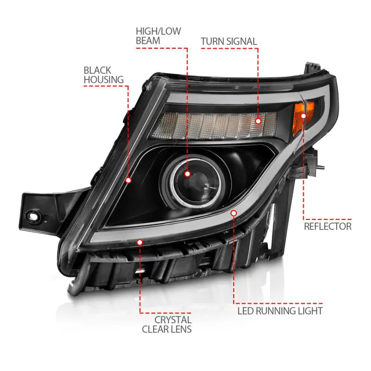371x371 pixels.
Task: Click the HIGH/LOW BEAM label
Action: click(x=158, y=36)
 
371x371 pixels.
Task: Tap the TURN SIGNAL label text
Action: click(x=229, y=41)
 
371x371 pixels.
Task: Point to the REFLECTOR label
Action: click(x=327, y=226)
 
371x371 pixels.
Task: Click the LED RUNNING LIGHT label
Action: click(x=280, y=310)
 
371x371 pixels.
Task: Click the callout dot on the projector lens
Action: click(x=187, y=174)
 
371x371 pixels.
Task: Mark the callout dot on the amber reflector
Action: click(x=304, y=115)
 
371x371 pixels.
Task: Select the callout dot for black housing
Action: click(x=128, y=180)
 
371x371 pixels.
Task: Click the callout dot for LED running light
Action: click(x=234, y=213)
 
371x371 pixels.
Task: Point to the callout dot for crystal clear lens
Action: click(x=140, y=241)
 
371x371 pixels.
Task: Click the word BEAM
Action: click(x=148, y=41)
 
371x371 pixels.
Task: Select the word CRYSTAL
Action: click(x=173, y=320)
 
